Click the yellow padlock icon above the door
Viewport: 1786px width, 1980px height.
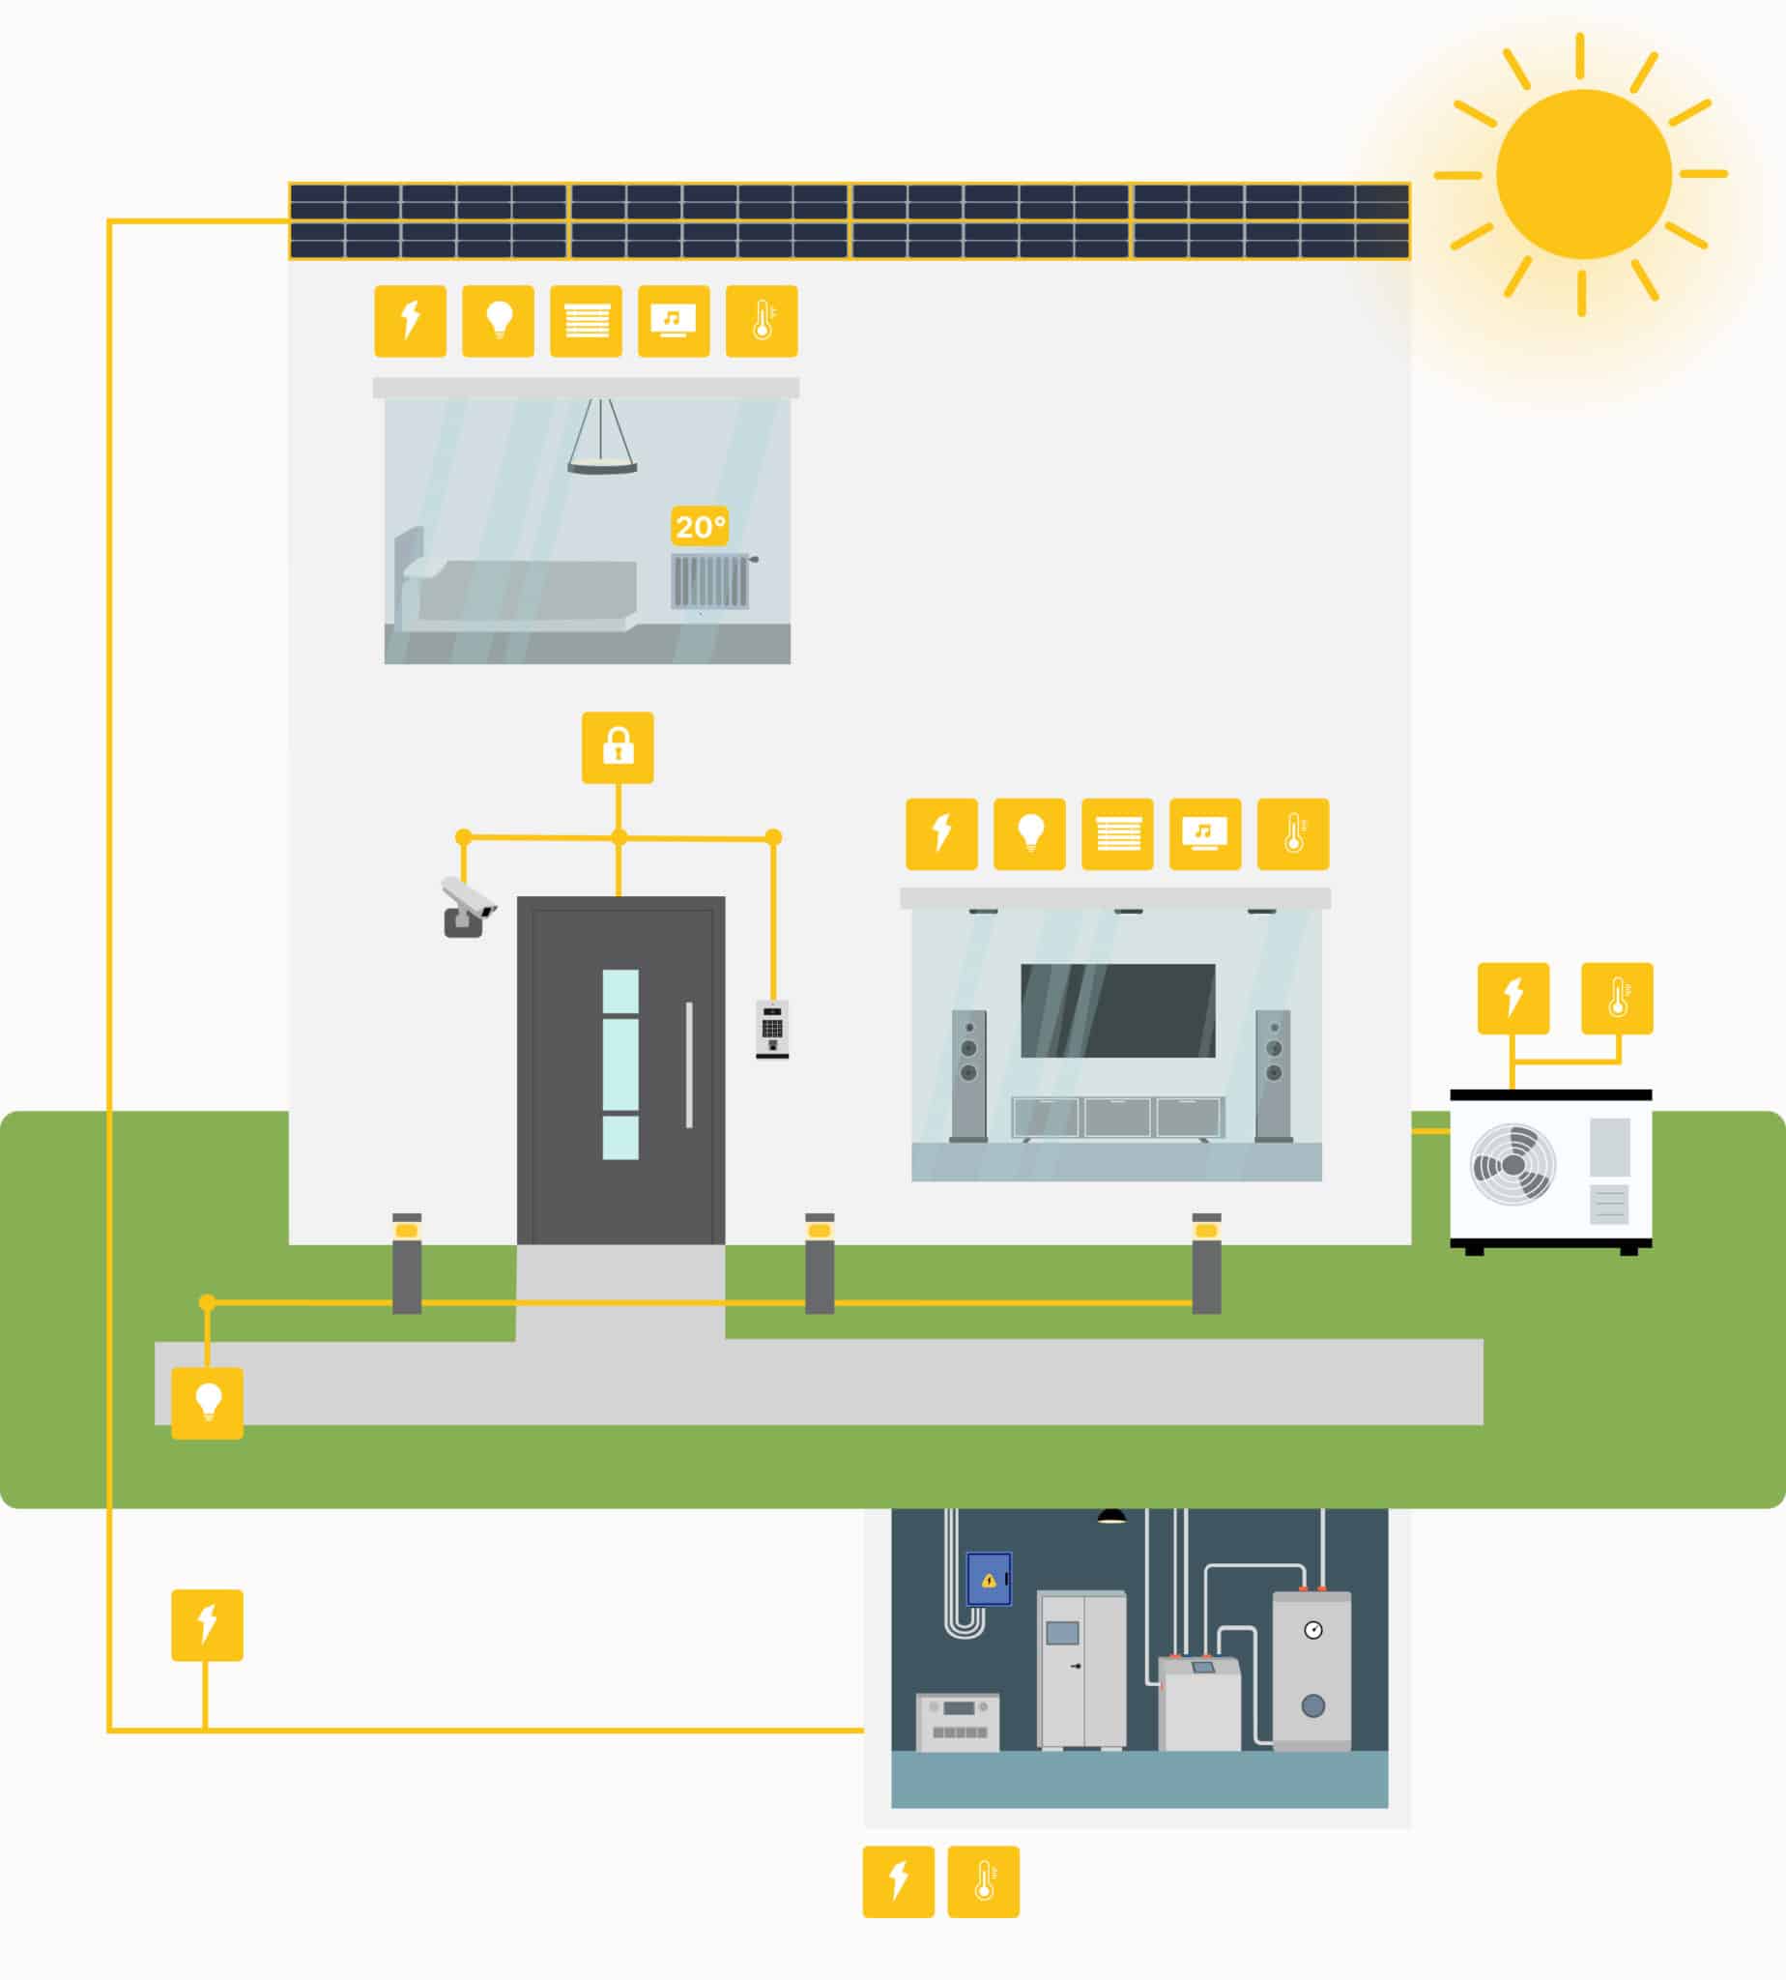(x=618, y=747)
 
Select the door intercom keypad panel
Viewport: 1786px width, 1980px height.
(x=772, y=1028)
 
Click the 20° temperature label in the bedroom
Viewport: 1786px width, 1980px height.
(x=700, y=527)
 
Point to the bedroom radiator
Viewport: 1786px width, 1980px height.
(x=710, y=581)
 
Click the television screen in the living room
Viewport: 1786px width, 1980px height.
(x=1118, y=1010)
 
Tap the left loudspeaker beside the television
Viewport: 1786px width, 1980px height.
(x=968, y=1074)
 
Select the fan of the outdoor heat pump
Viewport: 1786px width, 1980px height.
(x=1513, y=1164)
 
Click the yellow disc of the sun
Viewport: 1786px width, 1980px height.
(x=1583, y=175)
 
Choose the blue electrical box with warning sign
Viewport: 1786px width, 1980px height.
(x=988, y=1580)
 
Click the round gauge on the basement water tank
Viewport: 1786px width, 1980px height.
(x=1313, y=1631)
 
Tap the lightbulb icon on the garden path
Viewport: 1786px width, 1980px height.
(x=207, y=1403)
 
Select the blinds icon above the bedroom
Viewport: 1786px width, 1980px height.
(x=586, y=321)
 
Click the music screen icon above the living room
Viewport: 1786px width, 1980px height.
(x=1205, y=833)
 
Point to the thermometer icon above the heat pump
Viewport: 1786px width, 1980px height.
(x=1617, y=998)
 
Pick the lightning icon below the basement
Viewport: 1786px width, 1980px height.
(x=898, y=1880)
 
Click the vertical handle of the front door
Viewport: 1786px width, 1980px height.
(x=689, y=1065)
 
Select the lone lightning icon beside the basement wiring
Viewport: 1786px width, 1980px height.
(x=207, y=1624)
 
